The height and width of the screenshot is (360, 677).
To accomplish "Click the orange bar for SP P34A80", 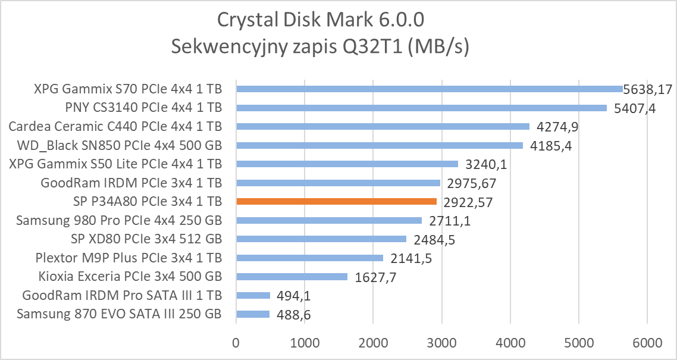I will [x=336, y=202].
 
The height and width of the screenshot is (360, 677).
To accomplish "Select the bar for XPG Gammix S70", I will [x=429, y=89].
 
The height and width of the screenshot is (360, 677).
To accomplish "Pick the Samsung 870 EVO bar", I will [x=253, y=314].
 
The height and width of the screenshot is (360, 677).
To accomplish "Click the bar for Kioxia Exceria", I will [x=292, y=277].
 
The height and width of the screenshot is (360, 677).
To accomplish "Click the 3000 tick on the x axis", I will [x=441, y=343].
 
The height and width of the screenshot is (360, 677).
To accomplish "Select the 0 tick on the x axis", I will [x=236, y=343].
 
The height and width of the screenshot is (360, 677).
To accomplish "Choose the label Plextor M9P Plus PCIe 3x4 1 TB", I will [x=128, y=258].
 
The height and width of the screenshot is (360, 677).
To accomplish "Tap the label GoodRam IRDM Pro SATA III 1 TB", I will [x=122, y=295].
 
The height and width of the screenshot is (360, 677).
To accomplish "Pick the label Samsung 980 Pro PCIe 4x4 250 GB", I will [x=119, y=221].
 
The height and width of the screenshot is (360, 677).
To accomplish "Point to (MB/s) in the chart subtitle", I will [x=438, y=47].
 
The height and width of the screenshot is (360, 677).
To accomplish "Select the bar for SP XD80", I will [x=321, y=239].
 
